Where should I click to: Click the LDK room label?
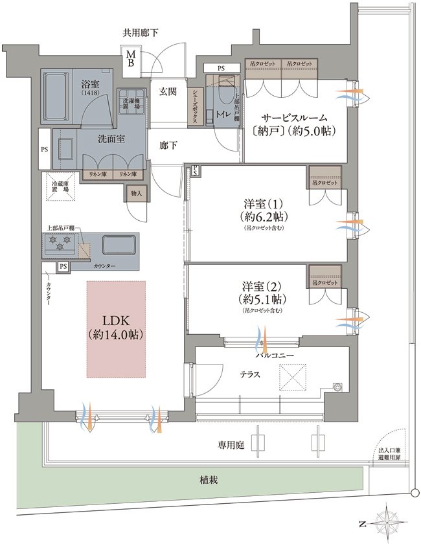click(x=115, y=328)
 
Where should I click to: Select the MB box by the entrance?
click(x=130, y=59)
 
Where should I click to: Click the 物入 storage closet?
click(x=135, y=192)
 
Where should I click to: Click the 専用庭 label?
click(x=231, y=446)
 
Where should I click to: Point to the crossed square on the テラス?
click(x=291, y=376)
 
